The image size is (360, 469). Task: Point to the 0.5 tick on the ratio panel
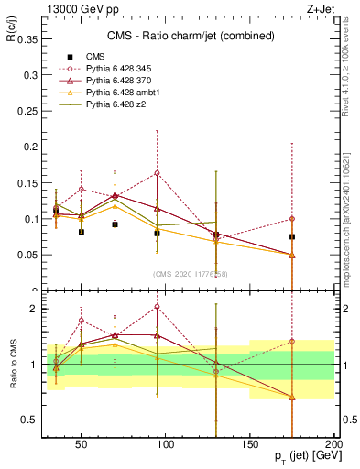pos(27,420)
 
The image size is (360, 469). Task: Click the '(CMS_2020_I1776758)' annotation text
pos(191,274)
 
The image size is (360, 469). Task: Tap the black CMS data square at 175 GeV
pos(292,236)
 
